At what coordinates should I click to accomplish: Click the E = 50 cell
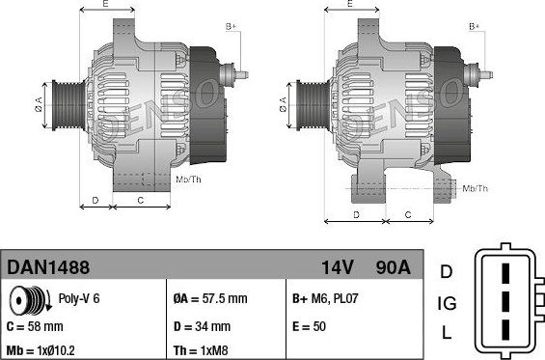(309, 326)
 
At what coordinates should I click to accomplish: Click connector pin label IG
(447, 304)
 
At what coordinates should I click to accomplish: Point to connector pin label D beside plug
(447, 271)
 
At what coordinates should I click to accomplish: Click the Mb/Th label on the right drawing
(476, 188)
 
